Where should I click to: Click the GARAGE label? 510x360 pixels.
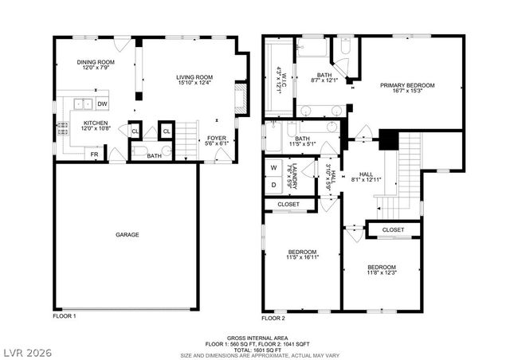coord(127,235)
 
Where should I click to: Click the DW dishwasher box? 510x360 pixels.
coord(102,104)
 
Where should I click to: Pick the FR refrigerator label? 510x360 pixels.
coord(95,155)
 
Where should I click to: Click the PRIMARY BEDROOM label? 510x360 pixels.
coord(407,89)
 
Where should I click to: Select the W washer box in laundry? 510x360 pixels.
coord(274,168)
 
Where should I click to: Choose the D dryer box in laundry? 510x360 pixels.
coord(274,185)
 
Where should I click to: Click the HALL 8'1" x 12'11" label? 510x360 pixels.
coord(366,178)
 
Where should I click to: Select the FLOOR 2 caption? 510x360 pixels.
coord(273,317)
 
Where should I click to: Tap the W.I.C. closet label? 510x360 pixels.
coord(279,80)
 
